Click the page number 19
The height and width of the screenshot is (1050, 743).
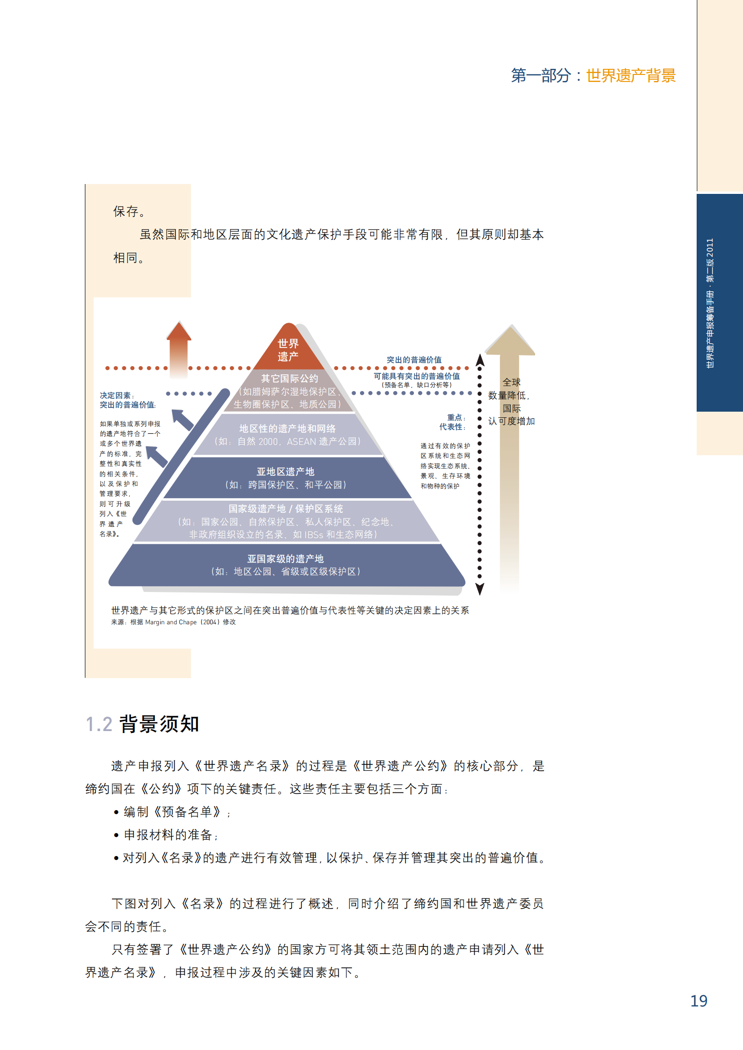coord(699,1001)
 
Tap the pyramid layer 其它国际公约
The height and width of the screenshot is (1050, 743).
coord(289,391)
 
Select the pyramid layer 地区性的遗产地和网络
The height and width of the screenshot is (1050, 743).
coord(287,435)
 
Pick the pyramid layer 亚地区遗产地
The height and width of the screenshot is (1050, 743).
coord(286,478)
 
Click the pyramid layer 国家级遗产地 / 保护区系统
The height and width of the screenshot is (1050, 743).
coord(286,521)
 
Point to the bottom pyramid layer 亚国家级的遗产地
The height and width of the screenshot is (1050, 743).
coord(286,565)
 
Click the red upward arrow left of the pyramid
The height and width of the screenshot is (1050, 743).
coord(179,347)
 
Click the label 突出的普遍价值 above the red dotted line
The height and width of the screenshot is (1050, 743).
coord(414,360)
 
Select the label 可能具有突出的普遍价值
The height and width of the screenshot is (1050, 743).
coord(416,376)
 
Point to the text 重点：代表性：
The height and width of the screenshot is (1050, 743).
coord(452,422)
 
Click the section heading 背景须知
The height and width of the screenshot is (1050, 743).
coord(160,724)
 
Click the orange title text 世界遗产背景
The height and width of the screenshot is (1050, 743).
coord(631,75)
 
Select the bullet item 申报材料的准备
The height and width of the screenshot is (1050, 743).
coord(169,835)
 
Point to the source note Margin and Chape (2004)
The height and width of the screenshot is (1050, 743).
coord(173,622)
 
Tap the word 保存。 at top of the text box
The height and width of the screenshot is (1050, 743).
coord(129,212)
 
